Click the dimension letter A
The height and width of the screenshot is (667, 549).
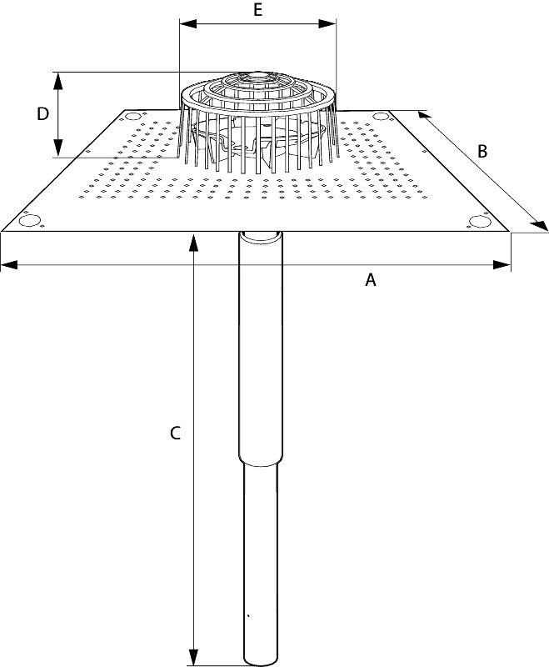(x=371, y=280)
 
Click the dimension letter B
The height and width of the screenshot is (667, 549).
(x=482, y=152)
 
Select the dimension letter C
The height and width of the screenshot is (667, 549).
(x=175, y=434)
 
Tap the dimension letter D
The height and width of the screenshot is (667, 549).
(x=43, y=114)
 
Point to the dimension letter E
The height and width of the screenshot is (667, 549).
(x=257, y=10)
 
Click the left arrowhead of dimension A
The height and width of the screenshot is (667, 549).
(x=9, y=265)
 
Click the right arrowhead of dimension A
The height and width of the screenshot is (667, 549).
(x=502, y=265)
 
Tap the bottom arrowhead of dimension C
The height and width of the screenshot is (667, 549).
(x=193, y=656)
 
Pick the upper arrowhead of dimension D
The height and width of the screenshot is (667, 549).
(x=58, y=81)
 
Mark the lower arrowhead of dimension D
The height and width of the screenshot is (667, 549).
(x=58, y=148)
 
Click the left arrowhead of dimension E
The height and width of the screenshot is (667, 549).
(x=188, y=24)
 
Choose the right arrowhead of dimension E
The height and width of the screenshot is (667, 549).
(x=327, y=24)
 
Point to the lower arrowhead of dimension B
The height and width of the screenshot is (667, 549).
(x=540, y=225)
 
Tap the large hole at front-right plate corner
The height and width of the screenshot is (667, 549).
(x=480, y=221)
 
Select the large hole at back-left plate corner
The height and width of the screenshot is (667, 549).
(x=132, y=116)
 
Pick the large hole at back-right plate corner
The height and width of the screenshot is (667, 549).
(x=381, y=116)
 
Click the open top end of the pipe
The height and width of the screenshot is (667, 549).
(x=261, y=236)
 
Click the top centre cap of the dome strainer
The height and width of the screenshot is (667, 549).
(x=257, y=77)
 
